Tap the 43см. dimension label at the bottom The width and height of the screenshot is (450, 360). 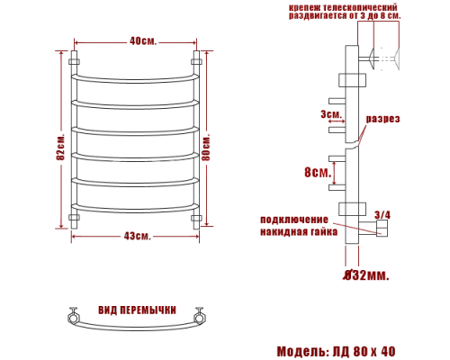point(138,236)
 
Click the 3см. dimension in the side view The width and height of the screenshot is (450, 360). point(330,114)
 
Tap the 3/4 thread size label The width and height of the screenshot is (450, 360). point(382,214)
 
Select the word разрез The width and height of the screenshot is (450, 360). point(382,119)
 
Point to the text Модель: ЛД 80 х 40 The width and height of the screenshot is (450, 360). point(334,350)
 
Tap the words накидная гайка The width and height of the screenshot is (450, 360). point(299,231)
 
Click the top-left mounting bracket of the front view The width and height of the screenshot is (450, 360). point(76,62)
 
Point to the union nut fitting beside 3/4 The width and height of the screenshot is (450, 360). point(382,230)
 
